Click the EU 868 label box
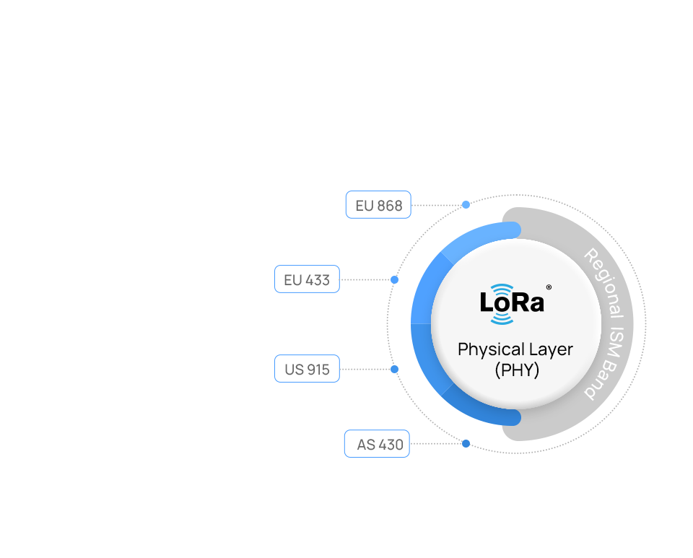(378, 205)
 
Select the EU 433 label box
(307, 279)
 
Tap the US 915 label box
(307, 369)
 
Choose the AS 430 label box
(377, 444)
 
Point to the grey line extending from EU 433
(364, 279)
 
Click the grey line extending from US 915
(364, 369)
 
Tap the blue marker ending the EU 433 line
(394, 279)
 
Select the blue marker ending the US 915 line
(394, 369)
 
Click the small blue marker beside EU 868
(466, 204)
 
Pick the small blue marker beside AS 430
(466, 443)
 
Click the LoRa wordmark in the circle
(512, 302)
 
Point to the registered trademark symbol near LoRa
(549, 287)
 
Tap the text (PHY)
(517, 370)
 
